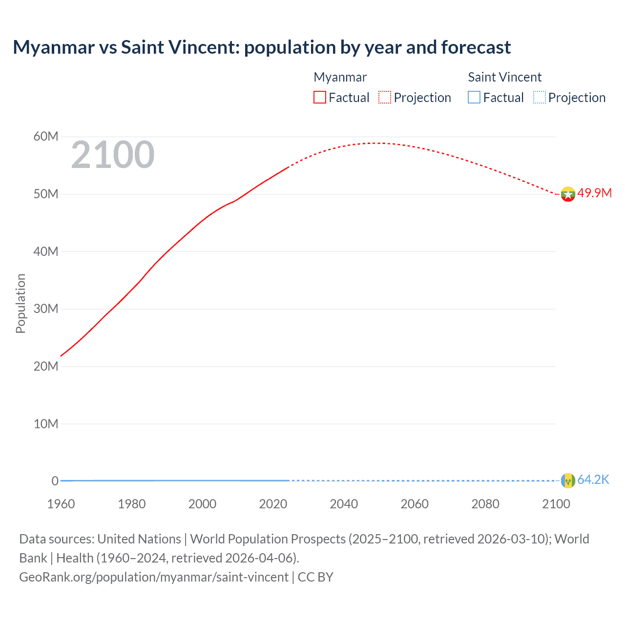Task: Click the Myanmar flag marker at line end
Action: coord(567,194)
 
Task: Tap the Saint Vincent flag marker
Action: coord(567,480)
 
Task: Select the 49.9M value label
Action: coord(594,193)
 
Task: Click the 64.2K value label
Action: coord(593,479)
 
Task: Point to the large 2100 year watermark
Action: coord(113,155)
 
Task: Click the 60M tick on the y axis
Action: coord(46,137)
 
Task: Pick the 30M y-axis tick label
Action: coord(46,309)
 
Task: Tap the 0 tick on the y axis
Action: coord(55,481)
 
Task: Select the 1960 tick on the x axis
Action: coord(61,504)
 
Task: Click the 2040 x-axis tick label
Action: coord(344,504)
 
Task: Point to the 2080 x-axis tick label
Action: coord(485,504)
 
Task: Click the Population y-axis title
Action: coord(21,303)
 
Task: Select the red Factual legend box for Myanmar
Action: coord(319,98)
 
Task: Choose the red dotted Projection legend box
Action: coord(385,98)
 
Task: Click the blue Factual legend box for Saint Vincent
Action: coord(474,98)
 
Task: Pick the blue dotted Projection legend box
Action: coord(539,98)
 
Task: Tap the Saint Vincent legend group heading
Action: coord(504,77)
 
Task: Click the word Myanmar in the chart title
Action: coord(54,47)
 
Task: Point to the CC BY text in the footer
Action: coord(315,577)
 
